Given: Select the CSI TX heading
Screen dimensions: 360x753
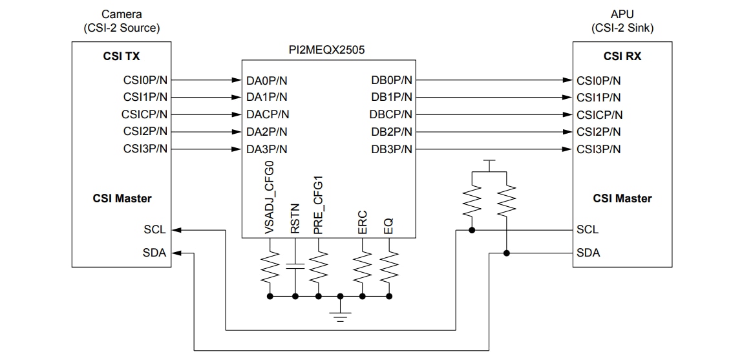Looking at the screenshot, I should tap(121, 56).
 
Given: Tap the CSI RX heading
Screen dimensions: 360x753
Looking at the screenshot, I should tap(622, 56).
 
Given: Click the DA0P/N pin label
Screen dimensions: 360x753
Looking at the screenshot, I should tap(267, 81).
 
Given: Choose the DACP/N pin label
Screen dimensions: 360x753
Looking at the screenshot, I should tap(268, 115).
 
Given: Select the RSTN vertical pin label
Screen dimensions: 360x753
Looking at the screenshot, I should tap(295, 218).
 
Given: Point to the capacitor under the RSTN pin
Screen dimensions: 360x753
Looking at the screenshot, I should tap(295, 266).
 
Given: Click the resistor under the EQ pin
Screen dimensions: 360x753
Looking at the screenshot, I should tap(389, 267).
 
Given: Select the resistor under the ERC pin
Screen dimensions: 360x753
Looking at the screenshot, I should tap(363, 267).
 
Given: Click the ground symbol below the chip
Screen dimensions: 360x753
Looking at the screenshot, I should tap(341, 314).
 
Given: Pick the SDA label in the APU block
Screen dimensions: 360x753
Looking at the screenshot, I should tap(588, 253).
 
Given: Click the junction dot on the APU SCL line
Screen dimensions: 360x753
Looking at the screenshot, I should tap(474, 229).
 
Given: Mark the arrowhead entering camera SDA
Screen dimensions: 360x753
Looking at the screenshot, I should tap(178, 253).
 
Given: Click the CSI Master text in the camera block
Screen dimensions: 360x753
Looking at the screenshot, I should tap(122, 198).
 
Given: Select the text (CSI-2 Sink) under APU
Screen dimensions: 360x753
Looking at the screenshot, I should tap(622, 28).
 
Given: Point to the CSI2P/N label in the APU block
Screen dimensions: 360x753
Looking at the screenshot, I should tap(599, 132).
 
